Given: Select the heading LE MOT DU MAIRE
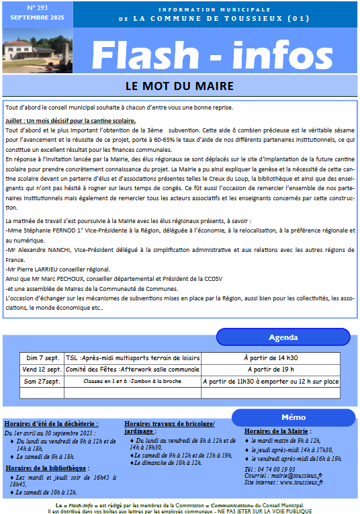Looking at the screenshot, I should click(x=179, y=86).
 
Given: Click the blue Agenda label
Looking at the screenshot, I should click(x=283, y=337).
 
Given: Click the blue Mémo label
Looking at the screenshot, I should click(x=294, y=417).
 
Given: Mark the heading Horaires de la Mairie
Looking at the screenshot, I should click(x=276, y=431).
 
